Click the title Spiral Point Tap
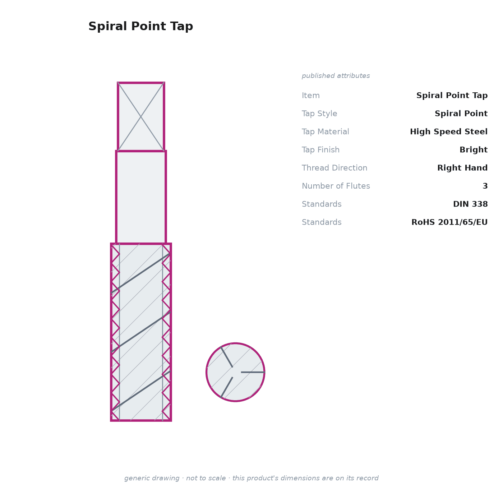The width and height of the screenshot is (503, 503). [x=140, y=26]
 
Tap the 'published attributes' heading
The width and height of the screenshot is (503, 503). [x=336, y=76]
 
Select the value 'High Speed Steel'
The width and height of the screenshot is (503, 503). [x=449, y=131]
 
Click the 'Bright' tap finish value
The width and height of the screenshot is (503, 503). [x=474, y=149]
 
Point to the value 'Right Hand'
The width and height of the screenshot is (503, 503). [x=462, y=167]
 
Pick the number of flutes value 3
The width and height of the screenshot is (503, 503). [x=485, y=186]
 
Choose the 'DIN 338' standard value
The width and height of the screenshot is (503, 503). [x=470, y=204]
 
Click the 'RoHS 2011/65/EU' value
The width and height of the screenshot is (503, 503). [x=449, y=222]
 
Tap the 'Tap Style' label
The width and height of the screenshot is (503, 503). [x=319, y=114]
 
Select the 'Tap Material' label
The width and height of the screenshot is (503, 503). [x=325, y=131]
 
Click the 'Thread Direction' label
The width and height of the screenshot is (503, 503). [x=334, y=167]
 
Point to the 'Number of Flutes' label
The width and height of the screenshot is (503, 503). [x=336, y=186]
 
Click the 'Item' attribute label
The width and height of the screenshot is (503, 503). [x=311, y=95]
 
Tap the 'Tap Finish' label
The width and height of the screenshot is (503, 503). [x=320, y=149]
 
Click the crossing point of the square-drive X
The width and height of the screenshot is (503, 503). [x=141, y=117]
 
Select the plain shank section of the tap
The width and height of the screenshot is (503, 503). [x=141, y=197]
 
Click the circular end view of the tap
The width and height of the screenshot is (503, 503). [x=235, y=372]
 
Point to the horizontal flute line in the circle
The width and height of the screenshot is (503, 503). [x=253, y=372]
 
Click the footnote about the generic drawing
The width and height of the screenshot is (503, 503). [x=251, y=478]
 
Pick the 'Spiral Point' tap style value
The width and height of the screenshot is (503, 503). [x=461, y=114]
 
